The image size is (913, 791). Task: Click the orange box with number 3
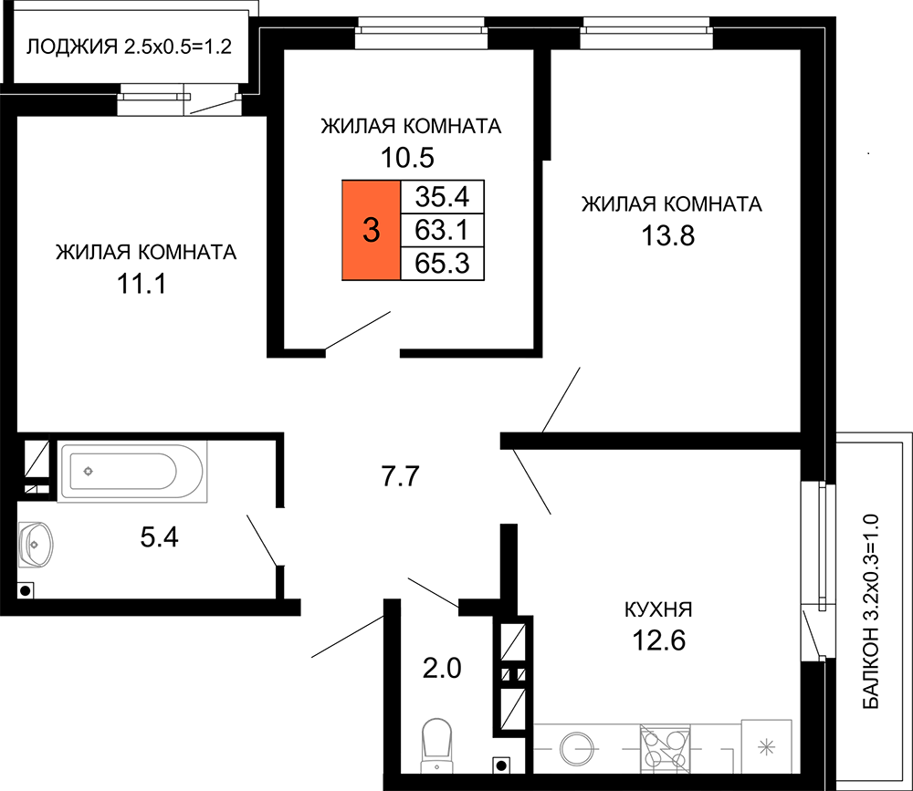click(x=371, y=230)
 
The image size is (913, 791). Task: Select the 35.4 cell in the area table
click(x=443, y=197)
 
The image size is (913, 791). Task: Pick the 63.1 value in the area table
click(x=443, y=230)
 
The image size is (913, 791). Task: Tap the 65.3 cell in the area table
click(x=443, y=264)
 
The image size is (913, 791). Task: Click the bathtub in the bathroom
click(x=132, y=472)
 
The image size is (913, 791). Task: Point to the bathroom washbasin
click(x=36, y=545)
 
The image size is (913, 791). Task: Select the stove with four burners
click(x=665, y=748)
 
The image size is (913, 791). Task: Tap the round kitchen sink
click(x=576, y=748)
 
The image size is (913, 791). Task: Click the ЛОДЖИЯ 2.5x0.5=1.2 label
click(x=130, y=46)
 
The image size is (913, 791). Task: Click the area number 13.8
click(x=668, y=236)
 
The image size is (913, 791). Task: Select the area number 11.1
click(x=142, y=285)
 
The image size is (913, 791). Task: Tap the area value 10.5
click(x=407, y=158)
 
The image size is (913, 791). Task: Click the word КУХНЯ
click(x=658, y=610)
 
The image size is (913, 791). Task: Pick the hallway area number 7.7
click(x=400, y=476)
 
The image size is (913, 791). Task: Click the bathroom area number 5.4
click(x=159, y=536)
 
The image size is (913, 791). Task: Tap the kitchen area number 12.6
click(x=659, y=640)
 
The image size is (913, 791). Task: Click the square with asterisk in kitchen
click(x=767, y=747)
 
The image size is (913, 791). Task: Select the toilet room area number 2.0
click(x=442, y=668)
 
